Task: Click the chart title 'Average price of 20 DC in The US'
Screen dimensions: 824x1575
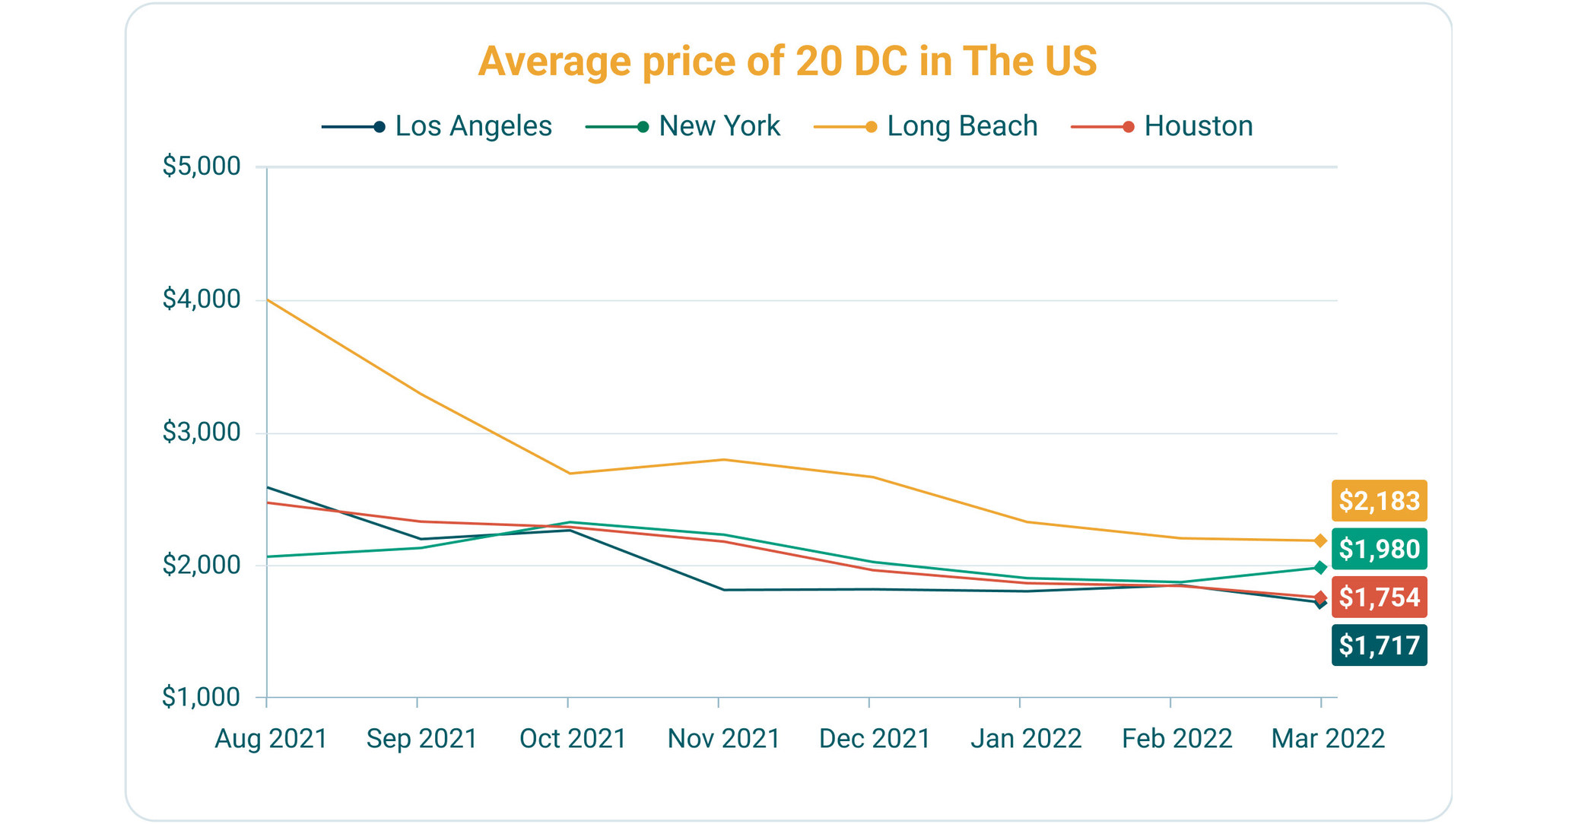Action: pyautogui.click(x=787, y=61)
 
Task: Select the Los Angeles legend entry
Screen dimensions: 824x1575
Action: pyautogui.click(x=437, y=126)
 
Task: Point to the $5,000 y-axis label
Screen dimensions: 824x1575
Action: pyautogui.click(x=201, y=166)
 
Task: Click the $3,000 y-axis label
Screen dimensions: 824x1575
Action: pyautogui.click(x=201, y=433)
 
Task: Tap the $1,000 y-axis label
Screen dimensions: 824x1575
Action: pyautogui.click(x=201, y=697)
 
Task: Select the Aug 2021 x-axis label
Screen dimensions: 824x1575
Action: pyautogui.click(x=271, y=739)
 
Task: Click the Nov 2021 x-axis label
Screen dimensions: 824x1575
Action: pyautogui.click(x=723, y=739)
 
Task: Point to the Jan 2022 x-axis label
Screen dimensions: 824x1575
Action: pyautogui.click(x=1026, y=739)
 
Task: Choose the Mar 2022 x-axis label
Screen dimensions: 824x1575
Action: pyautogui.click(x=1328, y=739)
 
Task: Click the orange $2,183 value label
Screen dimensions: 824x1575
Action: pyautogui.click(x=1379, y=501)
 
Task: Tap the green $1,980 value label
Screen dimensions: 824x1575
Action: pyautogui.click(x=1379, y=549)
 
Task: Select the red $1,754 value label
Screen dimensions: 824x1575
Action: pyautogui.click(x=1379, y=597)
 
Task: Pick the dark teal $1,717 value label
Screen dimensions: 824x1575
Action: pyautogui.click(x=1379, y=645)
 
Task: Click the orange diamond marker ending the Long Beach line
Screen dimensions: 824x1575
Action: pyautogui.click(x=1320, y=540)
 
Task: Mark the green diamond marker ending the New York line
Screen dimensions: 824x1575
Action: pyautogui.click(x=1320, y=568)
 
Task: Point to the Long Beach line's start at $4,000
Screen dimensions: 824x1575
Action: pyautogui.click(x=268, y=300)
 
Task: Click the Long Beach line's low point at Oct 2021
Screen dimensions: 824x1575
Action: pyautogui.click(x=569, y=474)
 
